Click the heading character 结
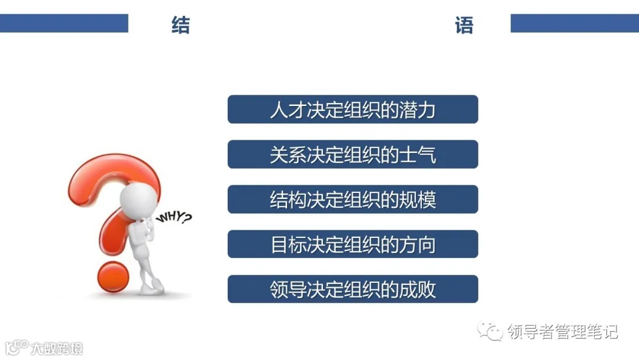180,25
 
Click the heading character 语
464,25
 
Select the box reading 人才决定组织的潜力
353,110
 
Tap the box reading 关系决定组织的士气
353,155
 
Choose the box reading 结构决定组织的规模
353,200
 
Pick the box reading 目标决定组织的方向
353,244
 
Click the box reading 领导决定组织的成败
353,289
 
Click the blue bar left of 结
64,23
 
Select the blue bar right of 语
575,23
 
